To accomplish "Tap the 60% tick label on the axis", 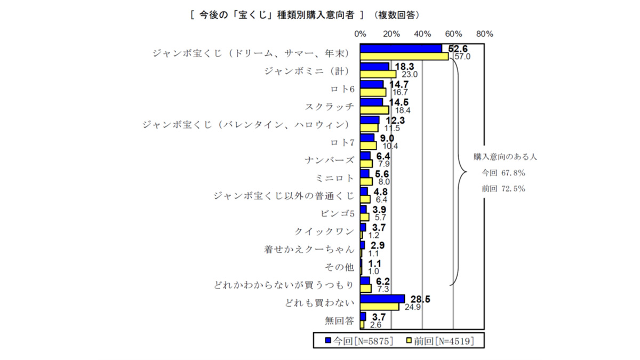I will click(454, 34).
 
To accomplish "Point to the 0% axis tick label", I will click(360, 34).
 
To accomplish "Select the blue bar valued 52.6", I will click(401, 49).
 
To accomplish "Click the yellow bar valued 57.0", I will click(404, 57).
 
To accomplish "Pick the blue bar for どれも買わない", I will click(382, 299).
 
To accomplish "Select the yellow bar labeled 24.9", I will click(379, 307).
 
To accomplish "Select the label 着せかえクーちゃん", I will click(309, 249).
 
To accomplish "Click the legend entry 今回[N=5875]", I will click(358, 340).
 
